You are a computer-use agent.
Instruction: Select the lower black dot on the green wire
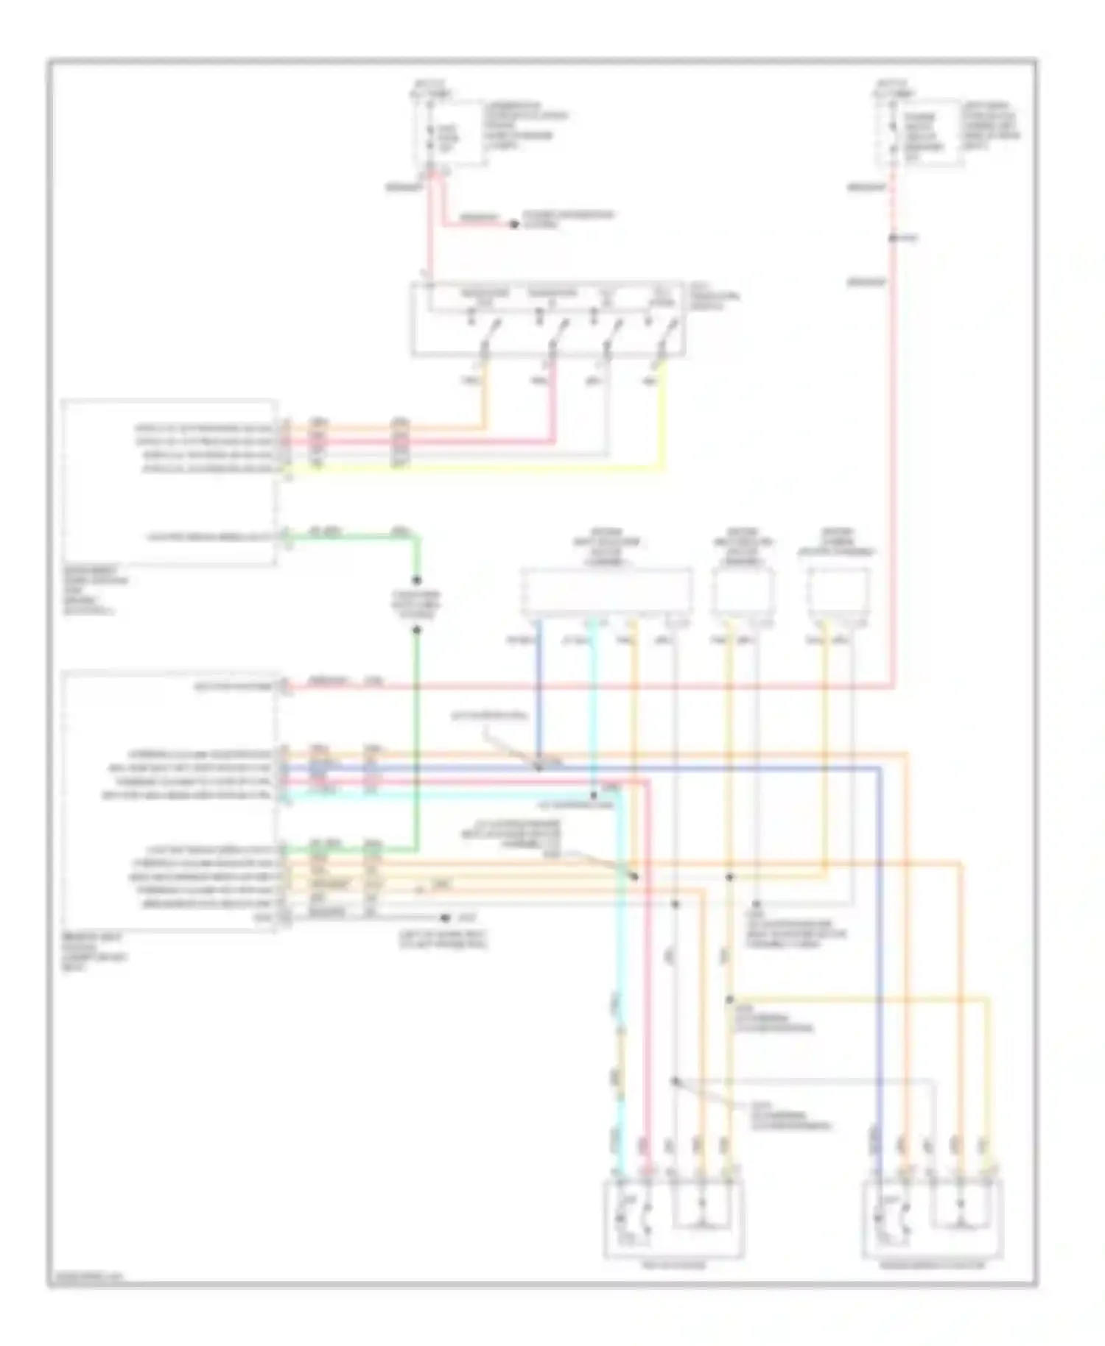pyautogui.click(x=416, y=630)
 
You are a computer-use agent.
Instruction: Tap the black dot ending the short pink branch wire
pyautogui.click(x=515, y=224)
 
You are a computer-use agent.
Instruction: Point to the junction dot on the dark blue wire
pyautogui.click(x=539, y=767)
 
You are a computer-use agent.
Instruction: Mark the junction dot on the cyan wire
pyautogui.click(x=594, y=795)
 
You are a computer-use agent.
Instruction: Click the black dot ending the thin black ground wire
pyautogui.click(x=444, y=918)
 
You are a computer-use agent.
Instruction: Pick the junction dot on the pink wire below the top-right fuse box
pyautogui.click(x=891, y=238)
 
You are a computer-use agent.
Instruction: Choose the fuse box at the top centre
pyautogui.click(x=448, y=133)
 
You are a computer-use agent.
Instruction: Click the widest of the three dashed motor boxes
pyautogui.click(x=606, y=591)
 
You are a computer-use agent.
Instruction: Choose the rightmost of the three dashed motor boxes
pyautogui.click(x=839, y=591)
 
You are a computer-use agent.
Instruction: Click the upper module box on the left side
pyautogui.click(x=170, y=482)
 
